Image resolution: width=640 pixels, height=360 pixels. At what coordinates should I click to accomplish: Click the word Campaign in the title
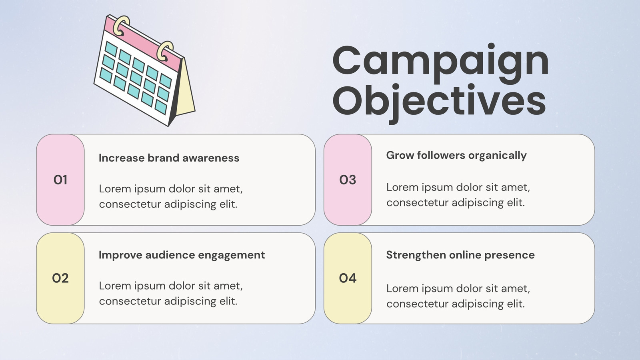(x=440, y=64)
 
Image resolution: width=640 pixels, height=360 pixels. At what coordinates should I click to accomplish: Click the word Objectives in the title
(x=439, y=103)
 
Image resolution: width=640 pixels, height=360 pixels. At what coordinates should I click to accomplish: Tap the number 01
(x=60, y=180)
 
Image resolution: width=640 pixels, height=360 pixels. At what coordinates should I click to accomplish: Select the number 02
(x=60, y=278)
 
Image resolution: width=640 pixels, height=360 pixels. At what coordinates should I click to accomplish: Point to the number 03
(x=348, y=180)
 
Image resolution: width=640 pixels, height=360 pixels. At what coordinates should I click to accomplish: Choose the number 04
(x=348, y=278)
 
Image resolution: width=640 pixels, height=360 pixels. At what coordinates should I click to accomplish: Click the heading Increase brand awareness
(x=169, y=158)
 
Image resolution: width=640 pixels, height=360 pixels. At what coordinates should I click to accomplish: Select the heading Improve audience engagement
(x=182, y=255)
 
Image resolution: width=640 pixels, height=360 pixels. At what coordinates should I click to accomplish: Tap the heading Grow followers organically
(x=456, y=156)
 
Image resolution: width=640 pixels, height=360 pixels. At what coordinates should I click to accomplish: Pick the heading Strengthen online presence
(x=460, y=255)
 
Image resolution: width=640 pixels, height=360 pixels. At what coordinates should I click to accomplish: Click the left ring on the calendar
(x=121, y=26)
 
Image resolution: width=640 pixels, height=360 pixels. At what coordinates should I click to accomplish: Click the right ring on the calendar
(x=165, y=51)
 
